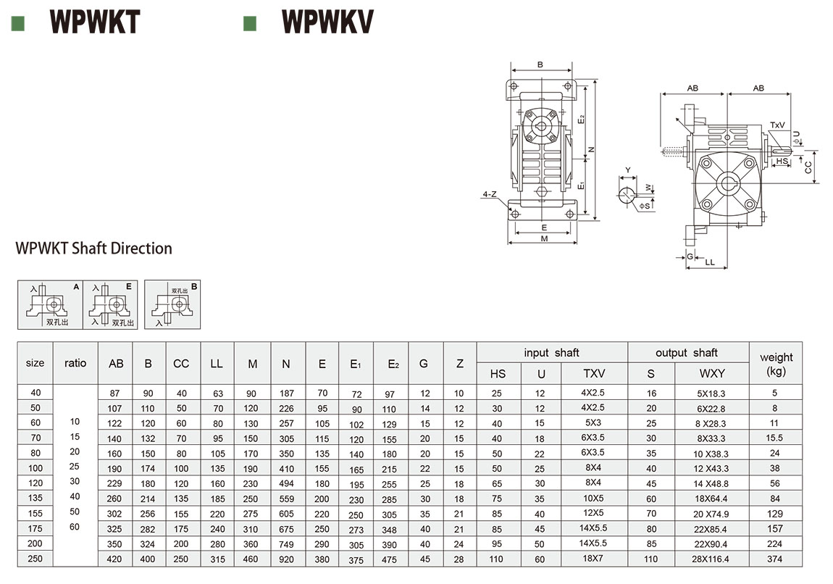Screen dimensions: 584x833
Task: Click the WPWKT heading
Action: coord(94,22)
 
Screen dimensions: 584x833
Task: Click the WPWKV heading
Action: coord(327,22)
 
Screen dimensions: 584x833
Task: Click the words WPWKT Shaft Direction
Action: coord(94,249)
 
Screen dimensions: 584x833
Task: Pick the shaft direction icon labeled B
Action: coord(172,304)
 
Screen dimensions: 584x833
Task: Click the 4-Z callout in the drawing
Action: coord(490,194)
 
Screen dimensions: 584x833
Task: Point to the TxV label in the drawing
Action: coord(777,125)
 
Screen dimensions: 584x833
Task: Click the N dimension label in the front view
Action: coord(592,149)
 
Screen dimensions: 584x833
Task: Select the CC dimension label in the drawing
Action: coord(808,167)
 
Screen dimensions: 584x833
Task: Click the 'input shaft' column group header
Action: coord(551,353)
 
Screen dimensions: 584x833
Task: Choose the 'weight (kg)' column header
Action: coord(776,364)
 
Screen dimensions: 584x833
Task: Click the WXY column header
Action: coord(711,374)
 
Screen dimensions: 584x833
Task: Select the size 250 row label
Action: coord(35,559)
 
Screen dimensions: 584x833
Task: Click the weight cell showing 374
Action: coord(776,559)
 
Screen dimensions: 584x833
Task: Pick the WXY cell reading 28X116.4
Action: coord(711,559)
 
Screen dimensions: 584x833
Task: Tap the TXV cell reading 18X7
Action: coord(593,559)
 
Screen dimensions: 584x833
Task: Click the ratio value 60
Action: coord(75,527)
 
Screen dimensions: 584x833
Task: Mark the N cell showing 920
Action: coord(285,559)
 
